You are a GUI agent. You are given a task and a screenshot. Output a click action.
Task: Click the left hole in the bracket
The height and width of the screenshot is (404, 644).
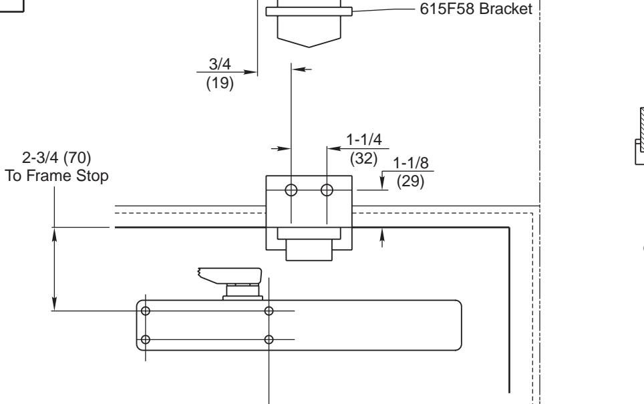pos(291,189)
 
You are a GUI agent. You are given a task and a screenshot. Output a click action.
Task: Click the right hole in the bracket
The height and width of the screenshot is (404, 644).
pos(327,189)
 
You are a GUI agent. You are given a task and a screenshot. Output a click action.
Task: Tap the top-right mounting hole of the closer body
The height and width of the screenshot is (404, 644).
pos(269,311)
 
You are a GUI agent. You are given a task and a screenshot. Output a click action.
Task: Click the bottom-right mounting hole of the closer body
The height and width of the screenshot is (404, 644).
pos(269,339)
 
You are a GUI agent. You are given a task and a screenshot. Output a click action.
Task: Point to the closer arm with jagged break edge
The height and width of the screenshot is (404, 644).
pos(228,275)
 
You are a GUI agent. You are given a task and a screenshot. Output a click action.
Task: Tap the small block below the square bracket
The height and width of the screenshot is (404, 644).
pos(308,250)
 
